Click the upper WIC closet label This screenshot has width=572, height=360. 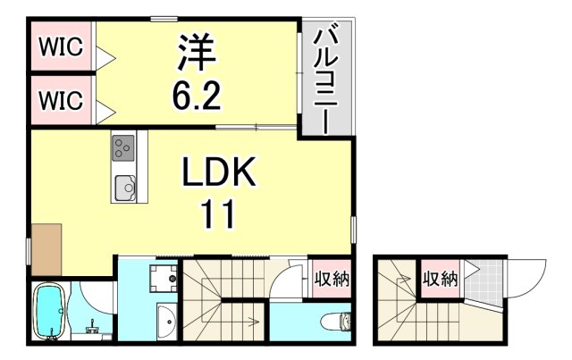(61, 47)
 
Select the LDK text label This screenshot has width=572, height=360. (218, 172)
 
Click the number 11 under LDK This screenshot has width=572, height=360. (217, 214)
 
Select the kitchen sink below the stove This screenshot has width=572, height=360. (123, 188)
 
